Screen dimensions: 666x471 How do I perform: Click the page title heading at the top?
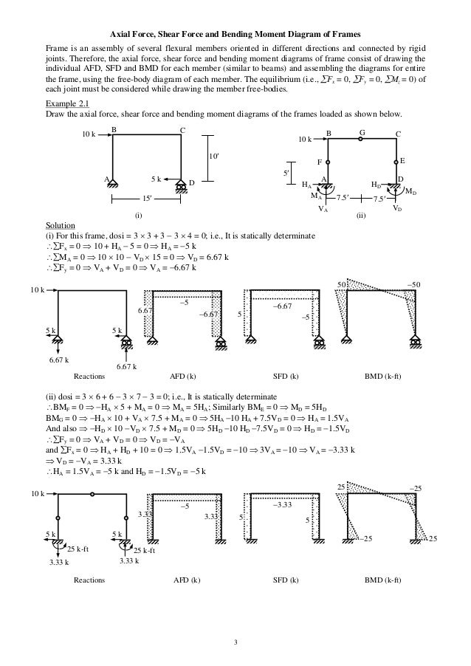[x=235, y=32]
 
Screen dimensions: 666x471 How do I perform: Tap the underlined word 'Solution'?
[x=59, y=225]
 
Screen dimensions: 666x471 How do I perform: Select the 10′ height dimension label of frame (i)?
[x=215, y=157]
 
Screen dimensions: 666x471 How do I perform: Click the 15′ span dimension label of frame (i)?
[x=148, y=199]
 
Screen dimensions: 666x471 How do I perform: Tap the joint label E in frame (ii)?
[x=402, y=160]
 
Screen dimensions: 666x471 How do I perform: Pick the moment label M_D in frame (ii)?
[x=410, y=192]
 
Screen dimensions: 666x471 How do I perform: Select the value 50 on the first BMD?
[x=342, y=284]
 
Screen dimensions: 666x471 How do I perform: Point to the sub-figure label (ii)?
[x=361, y=216]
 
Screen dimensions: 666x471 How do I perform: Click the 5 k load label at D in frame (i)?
[x=156, y=179]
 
